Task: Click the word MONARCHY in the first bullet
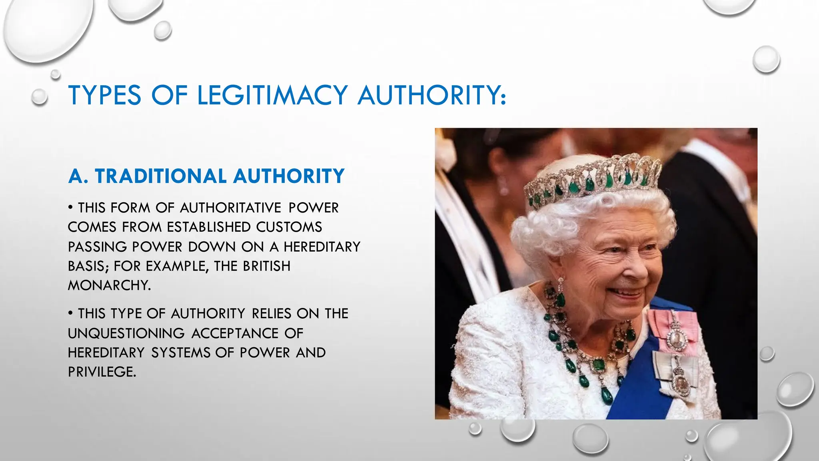click(x=109, y=285)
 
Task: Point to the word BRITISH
click(x=267, y=266)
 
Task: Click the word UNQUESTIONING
click(x=126, y=333)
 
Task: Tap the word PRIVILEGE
click(x=102, y=372)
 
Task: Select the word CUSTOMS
click(x=289, y=227)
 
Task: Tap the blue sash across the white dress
click(x=640, y=384)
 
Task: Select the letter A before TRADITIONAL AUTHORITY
click(x=76, y=176)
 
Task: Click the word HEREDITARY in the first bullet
click(x=322, y=247)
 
